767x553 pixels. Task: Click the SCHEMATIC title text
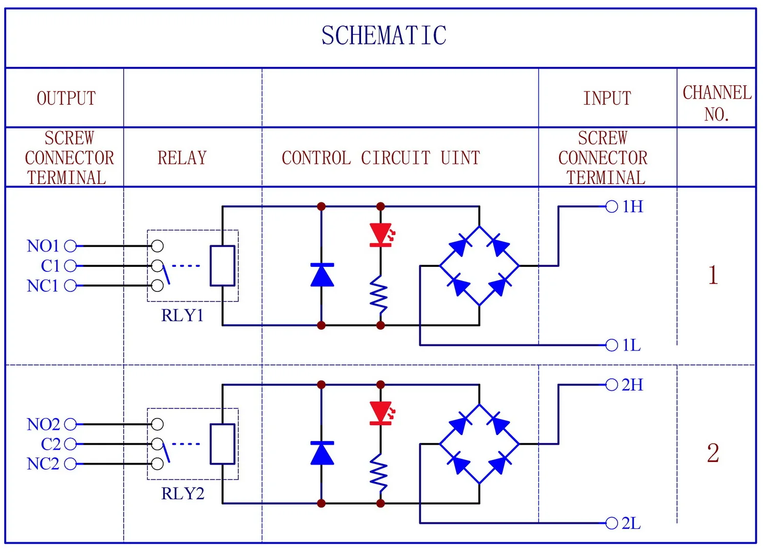click(x=384, y=35)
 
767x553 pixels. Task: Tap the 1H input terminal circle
click(x=612, y=206)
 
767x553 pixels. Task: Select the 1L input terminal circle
click(x=612, y=345)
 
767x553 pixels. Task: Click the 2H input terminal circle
click(x=612, y=385)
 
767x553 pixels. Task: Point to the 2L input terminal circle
click(x=612, y=523)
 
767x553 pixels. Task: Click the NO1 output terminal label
click(x=43, y=246)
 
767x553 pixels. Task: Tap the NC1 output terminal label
click(x=43, y=286)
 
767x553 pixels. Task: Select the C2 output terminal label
click(x=50, y=444)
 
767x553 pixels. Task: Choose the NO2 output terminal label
click(x=43, y=424)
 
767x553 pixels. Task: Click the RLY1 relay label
click(x=183, y=315)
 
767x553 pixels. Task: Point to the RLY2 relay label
click(x=183, y=493)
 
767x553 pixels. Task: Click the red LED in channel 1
click(x=381, y=235)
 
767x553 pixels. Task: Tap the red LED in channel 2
click(x=381, y=413)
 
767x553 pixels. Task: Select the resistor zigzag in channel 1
click(x=379, y=294)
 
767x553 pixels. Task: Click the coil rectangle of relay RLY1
click(x=222, y=266)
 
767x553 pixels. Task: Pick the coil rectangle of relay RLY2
click(x=222, y=444)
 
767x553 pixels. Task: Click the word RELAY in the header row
click(x=182, y=158)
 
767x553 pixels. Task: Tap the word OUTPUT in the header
click(x=66, y=98)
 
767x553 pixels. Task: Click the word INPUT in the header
click(x=607, y=98)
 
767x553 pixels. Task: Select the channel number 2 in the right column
click(x=713, y=453)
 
